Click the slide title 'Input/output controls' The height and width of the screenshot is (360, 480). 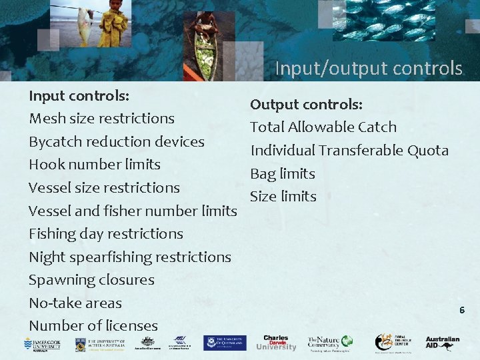368,69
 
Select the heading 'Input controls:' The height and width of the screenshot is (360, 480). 79,95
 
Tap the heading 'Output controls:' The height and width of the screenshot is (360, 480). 306,104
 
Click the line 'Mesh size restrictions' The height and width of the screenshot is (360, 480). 101,119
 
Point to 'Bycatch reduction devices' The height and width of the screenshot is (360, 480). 117,141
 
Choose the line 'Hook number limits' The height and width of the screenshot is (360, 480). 95,164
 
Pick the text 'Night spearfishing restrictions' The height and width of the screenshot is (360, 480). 130,257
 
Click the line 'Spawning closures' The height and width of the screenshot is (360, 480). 91,280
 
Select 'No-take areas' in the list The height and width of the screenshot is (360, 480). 75,303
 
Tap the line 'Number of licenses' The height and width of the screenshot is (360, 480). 93,326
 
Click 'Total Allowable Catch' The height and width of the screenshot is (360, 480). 323,127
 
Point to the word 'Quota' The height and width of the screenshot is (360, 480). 428,150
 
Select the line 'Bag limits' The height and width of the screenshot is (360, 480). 283,173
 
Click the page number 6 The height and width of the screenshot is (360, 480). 462,310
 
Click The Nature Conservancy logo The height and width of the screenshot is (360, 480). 329,343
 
